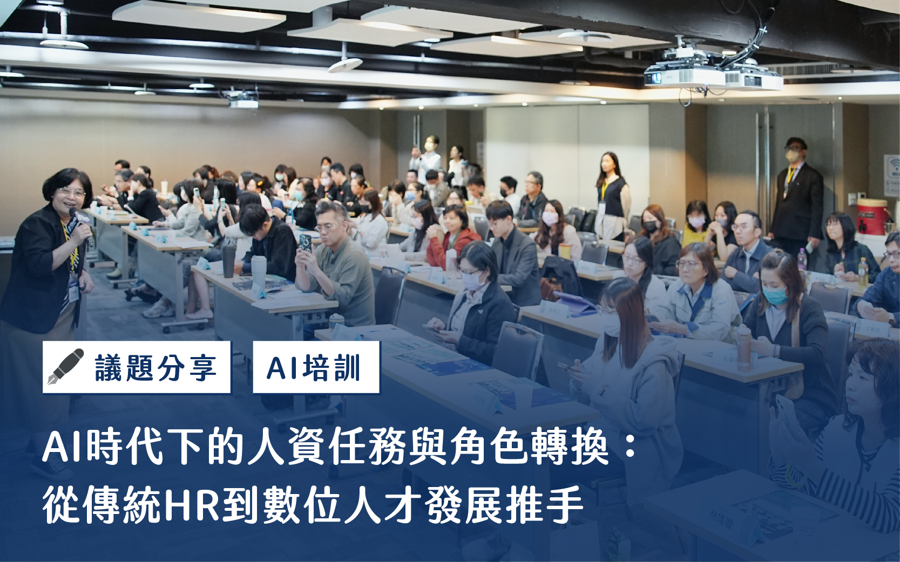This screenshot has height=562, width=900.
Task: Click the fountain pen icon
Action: point(65,367)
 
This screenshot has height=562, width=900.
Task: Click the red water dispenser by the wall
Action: point(872,217)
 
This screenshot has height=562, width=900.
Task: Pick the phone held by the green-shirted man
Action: point(306,243)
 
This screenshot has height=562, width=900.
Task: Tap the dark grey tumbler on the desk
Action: point(228,262)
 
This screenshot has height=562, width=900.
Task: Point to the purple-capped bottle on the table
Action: point(802,259)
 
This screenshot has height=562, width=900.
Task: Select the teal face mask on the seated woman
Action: point(775,294)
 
